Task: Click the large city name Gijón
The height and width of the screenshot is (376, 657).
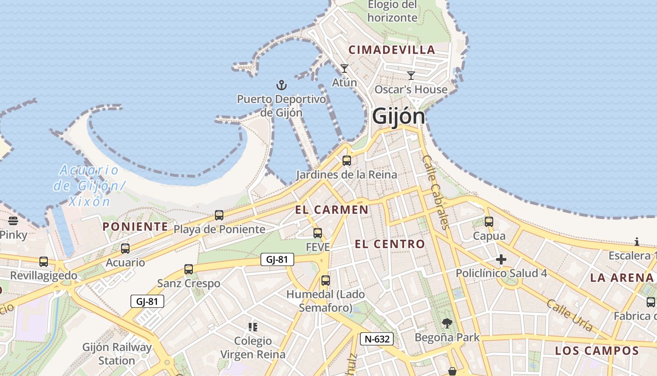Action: point(398,117)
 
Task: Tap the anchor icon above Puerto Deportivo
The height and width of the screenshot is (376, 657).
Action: point(281,85)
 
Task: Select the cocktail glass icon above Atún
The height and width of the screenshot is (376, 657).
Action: point(344,69)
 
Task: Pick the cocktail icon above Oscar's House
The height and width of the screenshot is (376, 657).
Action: point(411,75)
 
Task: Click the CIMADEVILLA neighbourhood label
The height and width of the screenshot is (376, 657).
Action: point(392,50)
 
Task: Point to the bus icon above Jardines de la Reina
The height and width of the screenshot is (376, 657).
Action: point(347,161)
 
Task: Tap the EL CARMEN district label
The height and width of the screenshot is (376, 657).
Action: point(332,210)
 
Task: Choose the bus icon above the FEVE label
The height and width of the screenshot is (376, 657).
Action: point(318,233)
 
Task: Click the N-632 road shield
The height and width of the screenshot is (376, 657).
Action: point(376,339)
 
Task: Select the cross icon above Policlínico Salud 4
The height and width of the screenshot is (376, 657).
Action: point(501,259)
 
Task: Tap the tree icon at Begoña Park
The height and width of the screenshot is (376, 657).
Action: point(447,323)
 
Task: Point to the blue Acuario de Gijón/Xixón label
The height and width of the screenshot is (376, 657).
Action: point(89,186)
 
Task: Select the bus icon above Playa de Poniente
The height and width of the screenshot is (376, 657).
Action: point(219,215)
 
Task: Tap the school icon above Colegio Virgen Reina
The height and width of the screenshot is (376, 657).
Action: point(253,327)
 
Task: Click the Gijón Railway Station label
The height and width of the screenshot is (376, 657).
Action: point(117,354)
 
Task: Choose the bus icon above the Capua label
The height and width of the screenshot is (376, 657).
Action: point(489,222)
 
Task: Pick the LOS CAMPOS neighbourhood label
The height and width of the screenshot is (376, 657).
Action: point(597,351)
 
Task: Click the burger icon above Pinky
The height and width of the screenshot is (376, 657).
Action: point(13,220)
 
